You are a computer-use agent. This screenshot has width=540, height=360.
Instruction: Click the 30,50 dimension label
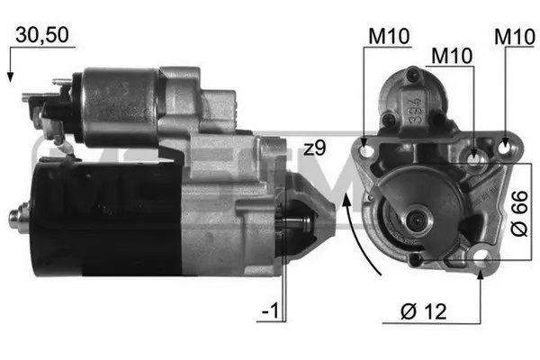click(x=42, y=35)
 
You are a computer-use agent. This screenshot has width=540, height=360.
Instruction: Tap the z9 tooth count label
click(x=314, y=148)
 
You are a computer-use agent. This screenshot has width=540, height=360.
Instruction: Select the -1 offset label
click(x=270, y=311)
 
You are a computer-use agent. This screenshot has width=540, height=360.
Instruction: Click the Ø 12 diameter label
click(x=424, y=311)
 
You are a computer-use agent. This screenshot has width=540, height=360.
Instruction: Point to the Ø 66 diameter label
click(x=519, y=213)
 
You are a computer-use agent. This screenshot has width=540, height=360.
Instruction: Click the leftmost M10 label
click(x=389, y=36)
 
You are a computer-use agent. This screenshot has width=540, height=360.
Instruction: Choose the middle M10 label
click(x=452, y=56)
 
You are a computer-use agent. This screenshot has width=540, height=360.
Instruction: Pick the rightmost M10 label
click(x=515, y=37)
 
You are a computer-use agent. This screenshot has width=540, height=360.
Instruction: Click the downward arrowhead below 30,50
click(x=10, y=77)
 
